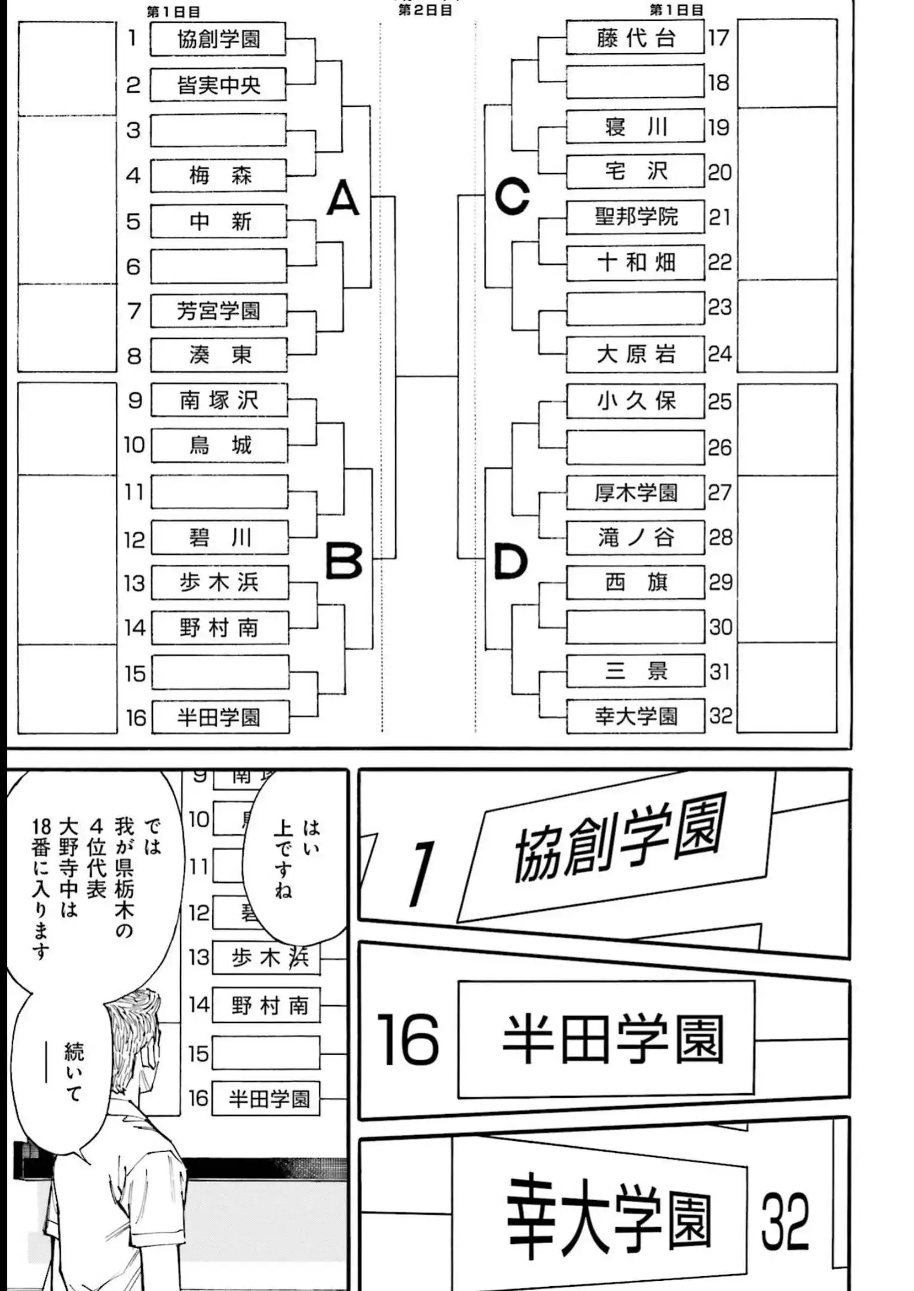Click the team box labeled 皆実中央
click(218, 85)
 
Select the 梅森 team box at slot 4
click(218, 176)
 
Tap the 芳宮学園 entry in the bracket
click(218, 311)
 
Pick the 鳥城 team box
click(219, 446)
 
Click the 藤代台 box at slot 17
click(635, 38)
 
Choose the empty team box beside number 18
click(635, 82)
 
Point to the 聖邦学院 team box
click(635, 217)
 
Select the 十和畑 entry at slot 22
click(635, 262)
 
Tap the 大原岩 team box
click(635, 354)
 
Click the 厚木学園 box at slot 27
click(635, 493)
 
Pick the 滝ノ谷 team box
click(635, 538)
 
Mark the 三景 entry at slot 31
click(635, 672)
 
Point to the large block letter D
click(511, 562)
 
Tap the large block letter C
click(512, 196)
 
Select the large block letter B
click(343, 561)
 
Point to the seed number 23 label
click(719, 307)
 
